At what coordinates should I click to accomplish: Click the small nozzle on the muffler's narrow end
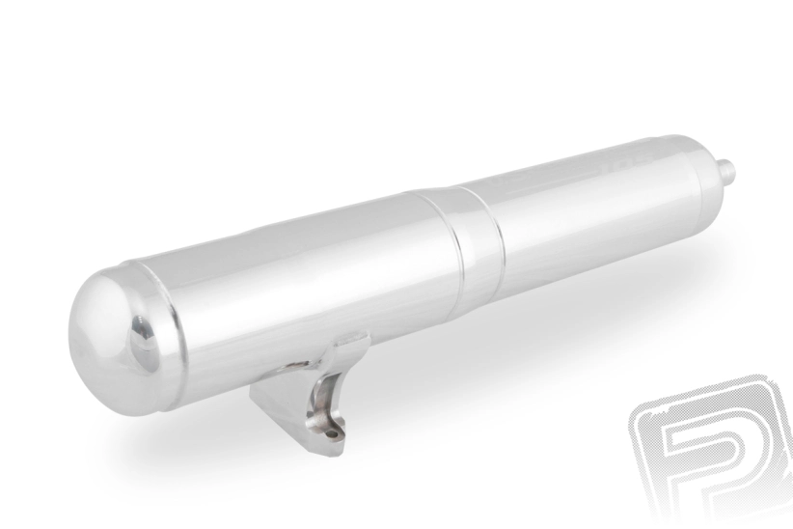725,172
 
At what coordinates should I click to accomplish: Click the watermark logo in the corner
709,449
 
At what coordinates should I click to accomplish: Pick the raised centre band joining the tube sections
464,242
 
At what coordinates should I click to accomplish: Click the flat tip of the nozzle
732,171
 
